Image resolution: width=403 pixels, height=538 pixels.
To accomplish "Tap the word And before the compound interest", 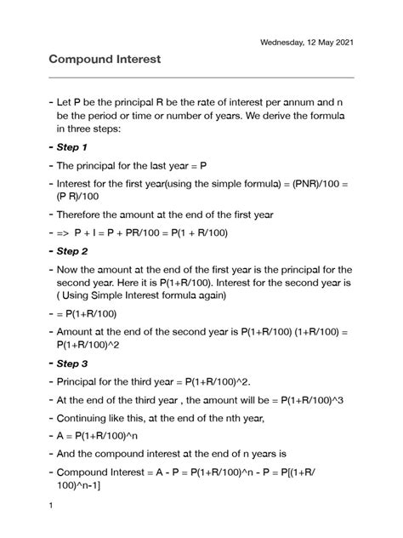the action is coord(67,454).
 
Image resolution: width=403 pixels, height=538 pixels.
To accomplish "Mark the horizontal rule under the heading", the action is coord(200,77).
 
